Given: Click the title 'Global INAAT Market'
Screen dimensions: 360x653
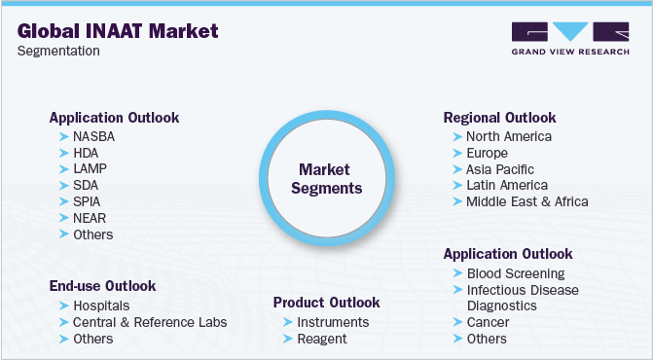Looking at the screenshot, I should (x=118, y=30).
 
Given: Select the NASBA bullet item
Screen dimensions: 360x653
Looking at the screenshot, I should (x=94, y=136).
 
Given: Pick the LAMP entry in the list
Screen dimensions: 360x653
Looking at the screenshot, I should (x=90, y=168).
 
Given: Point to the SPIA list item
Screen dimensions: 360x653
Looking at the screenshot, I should (x=89, y=201).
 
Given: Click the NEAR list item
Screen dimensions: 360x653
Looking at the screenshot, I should (x=90, y=218).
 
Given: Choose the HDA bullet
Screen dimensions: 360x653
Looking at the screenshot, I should (x=86, y=153).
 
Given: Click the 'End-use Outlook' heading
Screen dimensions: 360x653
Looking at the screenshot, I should (x=102, y=286).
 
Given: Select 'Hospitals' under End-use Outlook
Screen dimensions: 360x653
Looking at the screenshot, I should (x=101, y=306).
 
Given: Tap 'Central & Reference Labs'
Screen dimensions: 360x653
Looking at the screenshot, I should (x=149, y=322).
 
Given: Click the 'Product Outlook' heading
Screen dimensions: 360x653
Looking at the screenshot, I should (x=326, y=303).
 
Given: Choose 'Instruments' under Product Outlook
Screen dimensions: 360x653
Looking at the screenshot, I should (x=333, y=322).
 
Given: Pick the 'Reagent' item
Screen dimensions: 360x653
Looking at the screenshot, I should (x=322, y=339).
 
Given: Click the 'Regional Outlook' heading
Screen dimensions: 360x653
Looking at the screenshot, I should (x=498, y=117).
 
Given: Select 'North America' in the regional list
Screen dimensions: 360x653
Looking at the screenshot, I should (x=508, y=136).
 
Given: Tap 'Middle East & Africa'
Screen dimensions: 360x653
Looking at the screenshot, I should (x=526, y=201).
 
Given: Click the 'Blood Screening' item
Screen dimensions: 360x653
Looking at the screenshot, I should (x=515, y=273).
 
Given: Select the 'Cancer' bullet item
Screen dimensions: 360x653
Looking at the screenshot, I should (x=488, y=322).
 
